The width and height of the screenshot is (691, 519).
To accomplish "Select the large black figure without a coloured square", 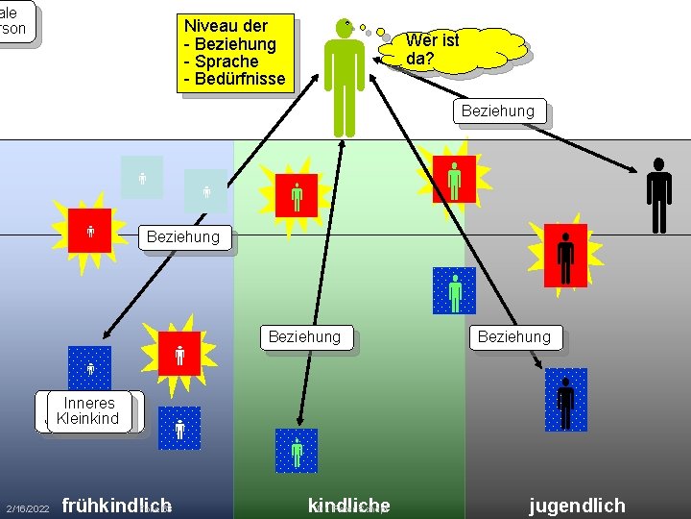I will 658,196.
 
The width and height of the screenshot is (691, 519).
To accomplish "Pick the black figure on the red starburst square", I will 565,259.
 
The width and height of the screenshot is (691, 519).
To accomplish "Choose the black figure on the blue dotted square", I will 565,400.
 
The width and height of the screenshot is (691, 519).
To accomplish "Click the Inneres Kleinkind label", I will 87,410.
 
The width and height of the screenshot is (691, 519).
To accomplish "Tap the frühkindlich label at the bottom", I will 116,506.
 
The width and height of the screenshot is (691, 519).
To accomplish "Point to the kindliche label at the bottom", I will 348,506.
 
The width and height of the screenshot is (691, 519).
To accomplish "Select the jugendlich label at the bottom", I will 577,506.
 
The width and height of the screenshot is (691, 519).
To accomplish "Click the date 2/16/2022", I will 27,507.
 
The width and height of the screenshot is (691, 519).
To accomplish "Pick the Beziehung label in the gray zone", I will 514,337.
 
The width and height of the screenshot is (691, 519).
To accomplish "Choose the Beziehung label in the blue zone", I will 183,236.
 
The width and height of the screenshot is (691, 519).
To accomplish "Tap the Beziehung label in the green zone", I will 304,337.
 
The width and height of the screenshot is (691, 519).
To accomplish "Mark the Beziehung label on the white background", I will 497,111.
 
